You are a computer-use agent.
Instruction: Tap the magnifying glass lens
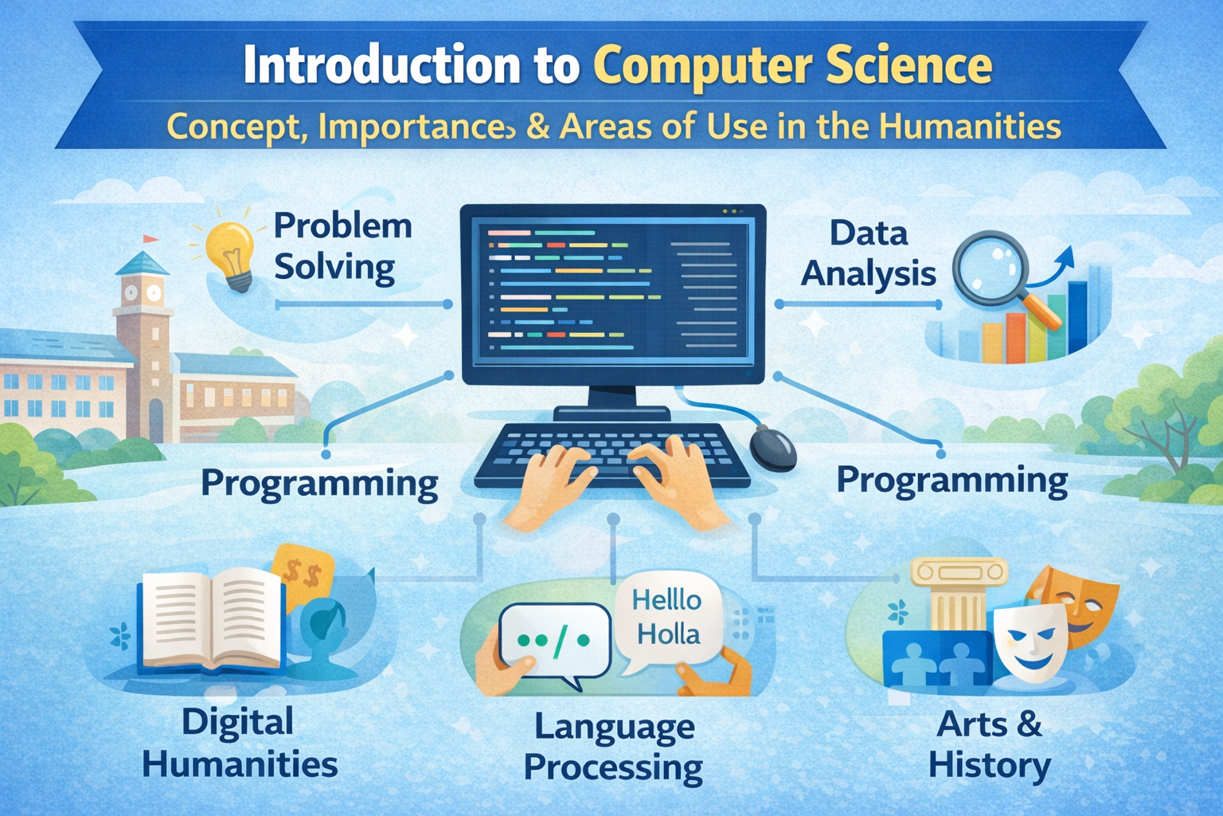pyautogui.click(x=991, y=267)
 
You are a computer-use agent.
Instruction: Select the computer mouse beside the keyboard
pyautogui.click(x=772, y=448)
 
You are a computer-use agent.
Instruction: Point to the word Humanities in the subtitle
pyautogui.click(x=970, y=126)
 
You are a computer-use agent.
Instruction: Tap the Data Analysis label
pyautogui.click(x=868, y=253)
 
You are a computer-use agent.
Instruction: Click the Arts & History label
pyautogui.click(x=990, y=743)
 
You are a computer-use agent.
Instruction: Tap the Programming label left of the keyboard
pyautogui.click(x=319, y=484)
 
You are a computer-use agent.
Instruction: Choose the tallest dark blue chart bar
pyautogui.click(x=1077, y=317)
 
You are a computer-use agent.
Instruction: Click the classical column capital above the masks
pyautogui.click(x=959, y=571)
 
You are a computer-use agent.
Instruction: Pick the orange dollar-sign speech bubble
pyautogui.click(x=303, y=574)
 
